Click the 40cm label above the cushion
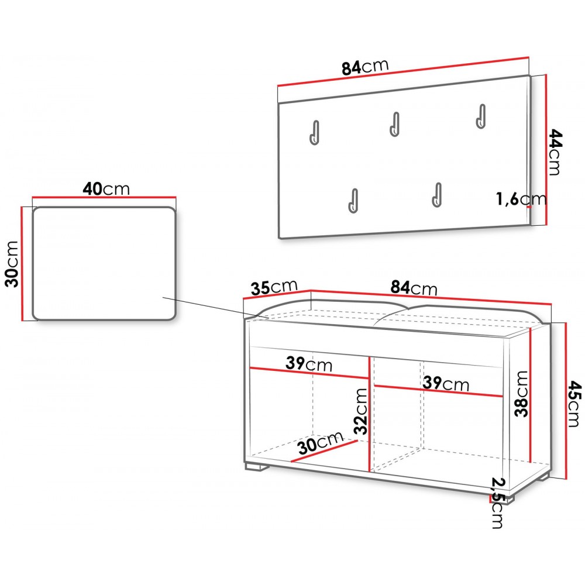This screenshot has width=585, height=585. coord(106,189)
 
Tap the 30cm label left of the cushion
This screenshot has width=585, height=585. coord(12,264)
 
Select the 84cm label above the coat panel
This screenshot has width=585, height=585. coord(365,67)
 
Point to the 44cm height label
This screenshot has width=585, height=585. coord(555,152)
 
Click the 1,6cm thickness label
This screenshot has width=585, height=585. coord(521,199)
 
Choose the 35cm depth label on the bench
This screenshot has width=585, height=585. coord(274,287)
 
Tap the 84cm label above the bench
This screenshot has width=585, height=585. coord(414,288)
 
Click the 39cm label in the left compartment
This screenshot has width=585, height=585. coord(309,364)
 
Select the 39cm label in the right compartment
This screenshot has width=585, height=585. coord(446,383)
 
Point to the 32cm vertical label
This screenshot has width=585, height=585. coord(361,411)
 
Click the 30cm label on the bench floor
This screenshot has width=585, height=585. coord(321,442)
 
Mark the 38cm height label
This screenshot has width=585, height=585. coord(521,394)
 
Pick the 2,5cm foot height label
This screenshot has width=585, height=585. coord(497,503)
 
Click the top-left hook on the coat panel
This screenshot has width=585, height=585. coord(315,132)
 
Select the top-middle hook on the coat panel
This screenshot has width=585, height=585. coord(394,124)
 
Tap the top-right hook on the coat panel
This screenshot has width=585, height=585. coord(481,116)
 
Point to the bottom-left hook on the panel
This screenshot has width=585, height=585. coord(353,201)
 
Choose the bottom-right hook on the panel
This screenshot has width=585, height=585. coord(437,195)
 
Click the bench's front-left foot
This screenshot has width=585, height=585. coord(257,466)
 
